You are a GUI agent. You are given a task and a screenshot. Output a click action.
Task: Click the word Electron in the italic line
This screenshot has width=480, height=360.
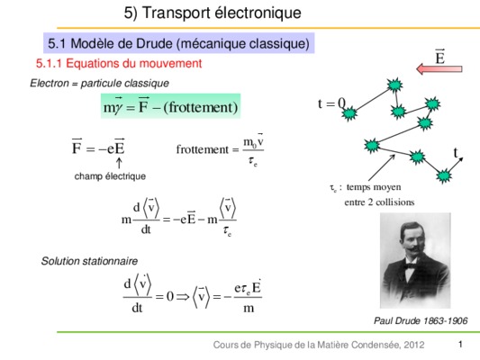coord(50,83)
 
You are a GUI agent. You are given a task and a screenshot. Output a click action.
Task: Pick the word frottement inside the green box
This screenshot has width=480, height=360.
coord(200,107)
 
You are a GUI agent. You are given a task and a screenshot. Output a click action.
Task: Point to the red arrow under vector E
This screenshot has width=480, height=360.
coord(439,69)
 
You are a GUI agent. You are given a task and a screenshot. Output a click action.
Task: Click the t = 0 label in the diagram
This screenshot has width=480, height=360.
coord(331,103)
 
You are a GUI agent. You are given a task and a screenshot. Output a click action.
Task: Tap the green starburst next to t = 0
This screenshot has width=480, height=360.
coord(349,113)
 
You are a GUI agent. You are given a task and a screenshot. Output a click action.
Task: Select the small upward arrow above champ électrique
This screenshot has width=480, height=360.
coord(119,163)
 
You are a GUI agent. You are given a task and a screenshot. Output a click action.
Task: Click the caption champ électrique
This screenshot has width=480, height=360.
coord(110,176)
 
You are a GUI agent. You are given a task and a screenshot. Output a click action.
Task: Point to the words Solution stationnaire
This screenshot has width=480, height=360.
coord(89,261)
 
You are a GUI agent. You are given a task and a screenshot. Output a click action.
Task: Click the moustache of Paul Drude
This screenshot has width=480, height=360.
coord(413,248)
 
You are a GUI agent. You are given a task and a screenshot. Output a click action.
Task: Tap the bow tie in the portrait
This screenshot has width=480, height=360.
coord(410,265)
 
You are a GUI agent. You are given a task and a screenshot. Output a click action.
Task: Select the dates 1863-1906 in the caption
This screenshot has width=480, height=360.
coord(446,320)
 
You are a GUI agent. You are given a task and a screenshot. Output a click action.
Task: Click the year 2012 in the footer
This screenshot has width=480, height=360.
coord(414,345)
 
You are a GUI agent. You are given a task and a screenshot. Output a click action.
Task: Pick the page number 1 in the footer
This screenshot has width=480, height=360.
coord(460,345)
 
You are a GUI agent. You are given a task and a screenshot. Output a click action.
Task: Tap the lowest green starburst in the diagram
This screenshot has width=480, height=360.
coord(444,176)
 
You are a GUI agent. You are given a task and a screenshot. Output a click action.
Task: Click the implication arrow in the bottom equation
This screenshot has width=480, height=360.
coord(183,297)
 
